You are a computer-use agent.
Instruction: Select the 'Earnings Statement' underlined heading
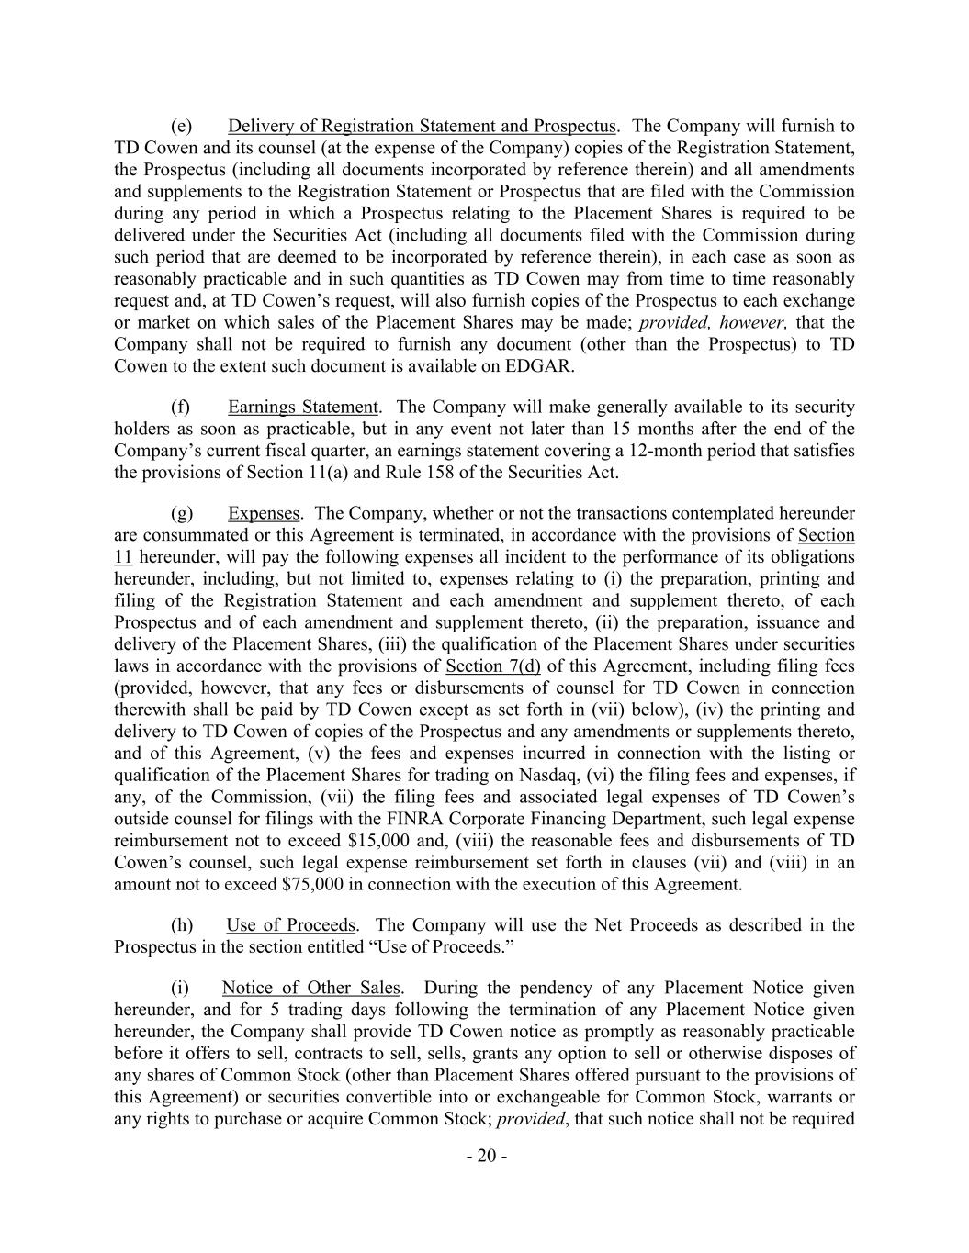pyautogui.click(x=302, y=407)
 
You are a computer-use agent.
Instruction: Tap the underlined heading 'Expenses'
pyautogui.click(x=264, y=513)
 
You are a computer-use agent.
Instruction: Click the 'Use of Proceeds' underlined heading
pyautogui.click(x=290, y=925)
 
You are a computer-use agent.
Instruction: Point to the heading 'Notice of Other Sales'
pyautogui.click(x=310, y=988)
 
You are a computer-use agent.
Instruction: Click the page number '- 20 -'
pyautogui.click(x=486, y=1156)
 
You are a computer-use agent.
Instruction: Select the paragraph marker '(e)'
pyautogui.click(x=181, y=126)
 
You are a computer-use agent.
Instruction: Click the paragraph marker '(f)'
pyautogui.click(x=181, y=407)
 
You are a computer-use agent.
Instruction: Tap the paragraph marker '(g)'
pyautogui.click(x=181, y=513)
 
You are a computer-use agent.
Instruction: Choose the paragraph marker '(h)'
pyautogui.click(x=181, y=925)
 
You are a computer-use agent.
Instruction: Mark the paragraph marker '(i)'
pyautogui.click(x=180, y=988)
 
